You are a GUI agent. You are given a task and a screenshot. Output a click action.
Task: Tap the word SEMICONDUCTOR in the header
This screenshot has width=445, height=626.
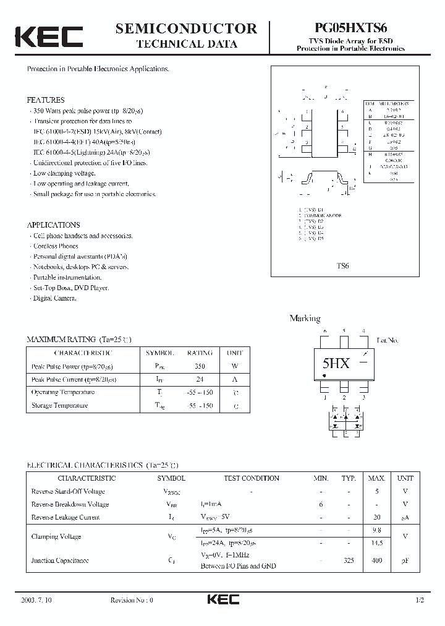[x=186, y=28]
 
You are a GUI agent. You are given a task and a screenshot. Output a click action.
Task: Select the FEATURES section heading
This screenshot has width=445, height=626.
[x=46, y=100]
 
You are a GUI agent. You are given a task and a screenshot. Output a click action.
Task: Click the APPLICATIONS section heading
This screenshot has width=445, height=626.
[x=53, y=225]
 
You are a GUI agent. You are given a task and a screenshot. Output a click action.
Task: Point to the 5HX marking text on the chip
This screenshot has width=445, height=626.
[x=336, y=364]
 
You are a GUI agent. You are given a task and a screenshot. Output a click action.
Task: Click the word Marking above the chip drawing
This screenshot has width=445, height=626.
[x=305, y=319]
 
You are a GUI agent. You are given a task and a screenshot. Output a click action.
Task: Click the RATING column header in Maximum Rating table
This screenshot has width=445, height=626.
[x=200, y=353]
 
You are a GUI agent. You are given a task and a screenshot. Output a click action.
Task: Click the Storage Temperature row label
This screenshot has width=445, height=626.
[x=59, y=406]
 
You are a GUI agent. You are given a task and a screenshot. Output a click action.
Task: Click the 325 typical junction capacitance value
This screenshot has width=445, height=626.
[x=349, y=560]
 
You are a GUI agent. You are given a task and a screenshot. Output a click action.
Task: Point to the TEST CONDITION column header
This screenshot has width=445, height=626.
[x=251, y=478]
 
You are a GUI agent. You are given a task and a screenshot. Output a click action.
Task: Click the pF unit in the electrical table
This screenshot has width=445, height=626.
[x=405, y=560]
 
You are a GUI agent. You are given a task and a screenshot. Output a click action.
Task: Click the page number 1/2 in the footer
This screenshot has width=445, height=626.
[x=421, y=601]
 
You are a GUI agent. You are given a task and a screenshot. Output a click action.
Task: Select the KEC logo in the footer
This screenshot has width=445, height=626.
[x=222, y=599]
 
